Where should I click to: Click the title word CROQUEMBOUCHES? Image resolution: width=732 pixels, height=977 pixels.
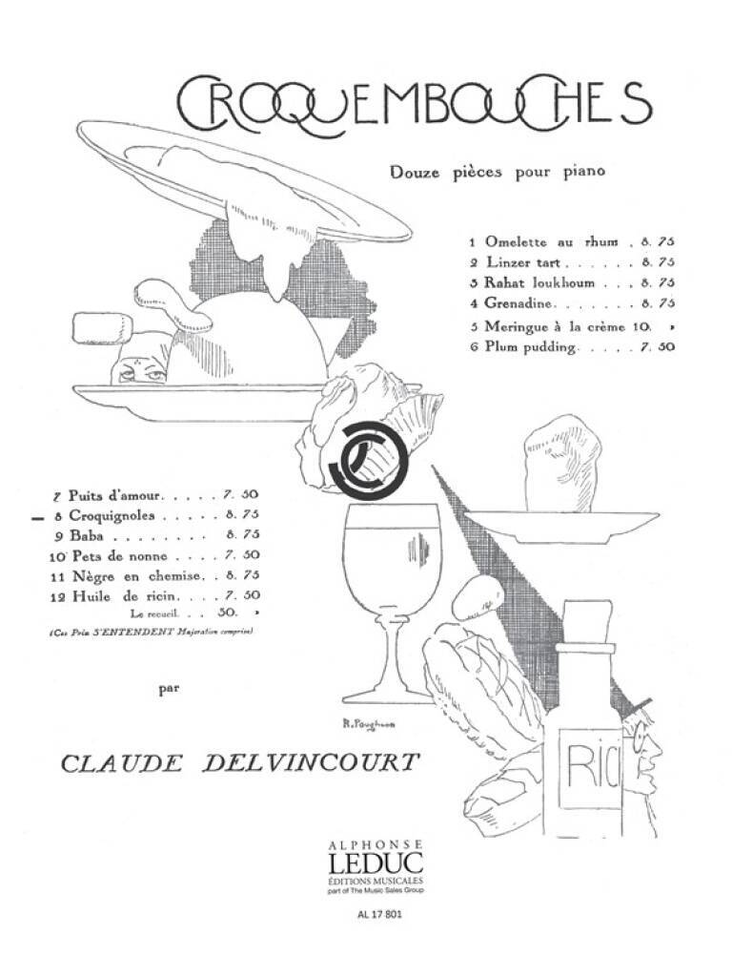(414, 105)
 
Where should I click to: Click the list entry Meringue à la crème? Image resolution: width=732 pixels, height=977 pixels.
(553, 326)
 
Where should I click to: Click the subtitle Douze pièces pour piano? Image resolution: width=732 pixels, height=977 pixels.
(498, 173)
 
